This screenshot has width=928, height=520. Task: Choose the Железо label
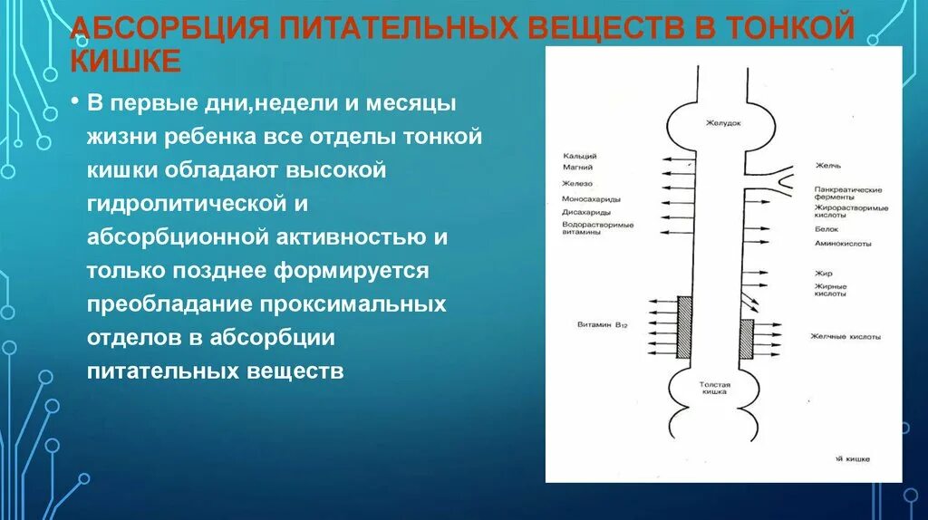tap(576, 184)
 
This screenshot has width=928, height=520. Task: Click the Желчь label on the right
tap(828, 166)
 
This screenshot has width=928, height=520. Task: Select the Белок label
tap(826, 229)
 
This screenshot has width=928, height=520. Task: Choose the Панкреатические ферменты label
tap(846, 193)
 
